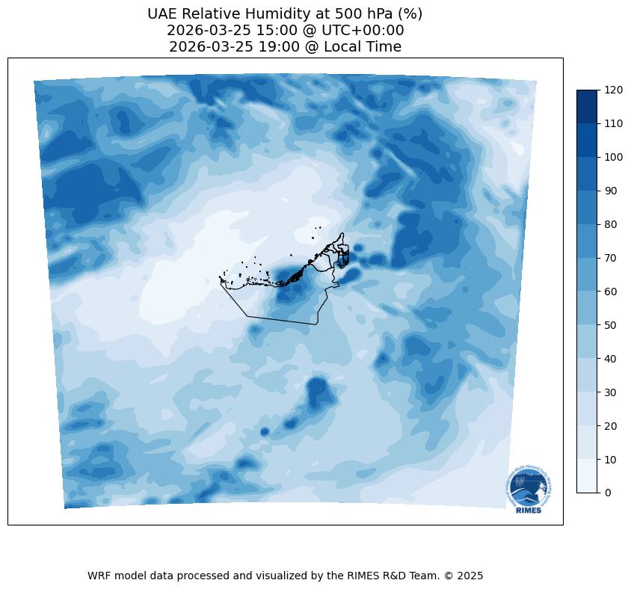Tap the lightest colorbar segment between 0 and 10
(x=588, y=475)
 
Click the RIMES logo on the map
(x=526, y=487)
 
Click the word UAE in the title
(x=163, y=14)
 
